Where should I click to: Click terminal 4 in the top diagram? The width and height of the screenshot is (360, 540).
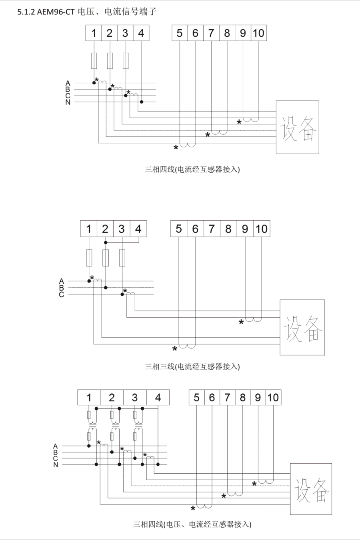pyautogui.click(x=141, y=33)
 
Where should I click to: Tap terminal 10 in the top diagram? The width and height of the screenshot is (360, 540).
pyautogui.click(x=258, y=33)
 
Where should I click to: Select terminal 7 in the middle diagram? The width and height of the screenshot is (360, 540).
pyautogui.click(x=212, y=229)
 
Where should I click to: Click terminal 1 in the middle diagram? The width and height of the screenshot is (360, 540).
pyautogui.click(x=89, y=229)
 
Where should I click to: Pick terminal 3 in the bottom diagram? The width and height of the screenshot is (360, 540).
pyautogui.click(x=135, y=398)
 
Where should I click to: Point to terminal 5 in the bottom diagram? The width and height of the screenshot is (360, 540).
pyautogui.click(x=196, y=398)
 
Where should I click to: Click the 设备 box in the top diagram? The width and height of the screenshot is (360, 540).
pyautogui.click(x=297, y=128)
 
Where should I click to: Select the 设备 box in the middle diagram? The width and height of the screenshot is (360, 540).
pyautogui.click(x=302, y=327)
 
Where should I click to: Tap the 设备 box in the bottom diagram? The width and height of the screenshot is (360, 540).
pyautogui.click(x=311, y=489)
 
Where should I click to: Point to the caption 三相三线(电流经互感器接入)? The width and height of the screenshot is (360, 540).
pyautogui.click(x=192, y=366)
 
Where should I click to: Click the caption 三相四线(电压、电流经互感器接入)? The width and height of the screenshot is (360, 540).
pyautogui.click(x=192, y=524)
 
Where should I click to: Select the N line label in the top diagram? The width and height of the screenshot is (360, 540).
pyautogui.click(x=68, y=102)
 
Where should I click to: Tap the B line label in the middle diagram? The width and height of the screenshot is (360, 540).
pyautogui.click(x=61, y=288)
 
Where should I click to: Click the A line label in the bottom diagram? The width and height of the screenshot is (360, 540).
pyautogui.click(x=55, y=446)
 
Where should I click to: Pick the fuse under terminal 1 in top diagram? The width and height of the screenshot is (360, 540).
pyautogui.click(x=94, y=61)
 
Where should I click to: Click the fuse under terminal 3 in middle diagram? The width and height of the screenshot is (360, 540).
pyautogui.click(x=122, y=258)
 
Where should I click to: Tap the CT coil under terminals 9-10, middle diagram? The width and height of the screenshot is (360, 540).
pyautogui.click(x=253, y=319)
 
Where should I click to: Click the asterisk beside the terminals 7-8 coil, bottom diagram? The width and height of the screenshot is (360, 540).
pyautogui.click(x=224, y=496)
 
